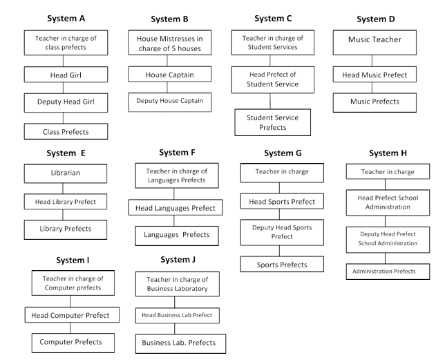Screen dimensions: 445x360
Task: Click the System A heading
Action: point(66,19)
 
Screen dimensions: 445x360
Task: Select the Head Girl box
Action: point(66,75)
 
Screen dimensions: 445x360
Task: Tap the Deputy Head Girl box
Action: point(66,103)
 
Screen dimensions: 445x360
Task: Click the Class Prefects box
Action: point(66,131)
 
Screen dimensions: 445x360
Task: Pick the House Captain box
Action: point(170,75)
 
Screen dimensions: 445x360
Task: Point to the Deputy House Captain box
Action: point(170,102)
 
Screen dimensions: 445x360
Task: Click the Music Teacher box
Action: point(375,43)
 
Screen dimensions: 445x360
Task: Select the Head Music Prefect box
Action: point(375,75)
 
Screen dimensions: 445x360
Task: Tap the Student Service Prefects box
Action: point(273,122)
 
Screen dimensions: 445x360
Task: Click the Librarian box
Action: point(66,173)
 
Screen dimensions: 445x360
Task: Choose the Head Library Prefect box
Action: point(66,202)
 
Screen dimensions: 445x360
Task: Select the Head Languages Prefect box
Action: point(176,207)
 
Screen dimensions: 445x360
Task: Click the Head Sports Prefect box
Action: point(282,201)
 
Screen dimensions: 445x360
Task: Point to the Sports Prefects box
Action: point(282,264)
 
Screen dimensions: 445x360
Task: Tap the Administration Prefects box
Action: point(388,272)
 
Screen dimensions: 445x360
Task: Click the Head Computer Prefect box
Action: point(72,315)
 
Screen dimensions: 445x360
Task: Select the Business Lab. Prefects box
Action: point(180,344)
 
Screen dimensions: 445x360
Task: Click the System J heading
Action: point(178,260)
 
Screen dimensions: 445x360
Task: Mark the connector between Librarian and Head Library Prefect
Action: point(63,189)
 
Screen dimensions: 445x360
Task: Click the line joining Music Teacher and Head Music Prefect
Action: point(372,61)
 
